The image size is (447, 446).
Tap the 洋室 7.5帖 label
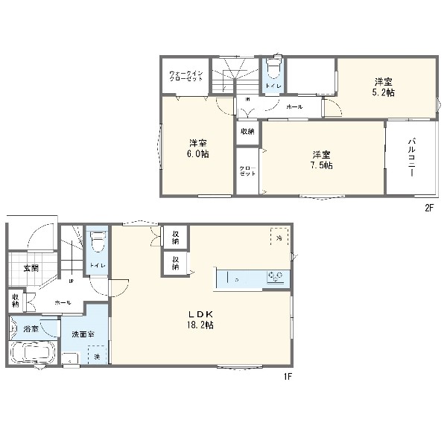tap(322, 159)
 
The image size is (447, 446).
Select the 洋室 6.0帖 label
tap(197, 147)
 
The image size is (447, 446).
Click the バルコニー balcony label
tap(410, 157)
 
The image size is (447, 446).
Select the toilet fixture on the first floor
tap(97, 243)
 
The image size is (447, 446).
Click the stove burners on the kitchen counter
tap(276, 278)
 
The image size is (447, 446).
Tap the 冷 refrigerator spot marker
tap(276, 237)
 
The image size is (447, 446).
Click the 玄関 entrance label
tap(30, 269)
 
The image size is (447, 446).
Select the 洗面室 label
tap(83, 335)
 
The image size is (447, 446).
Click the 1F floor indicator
tap(287, 377)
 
